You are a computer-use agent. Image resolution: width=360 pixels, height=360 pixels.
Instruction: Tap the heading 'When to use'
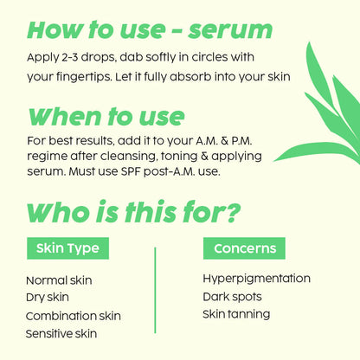point(106,115)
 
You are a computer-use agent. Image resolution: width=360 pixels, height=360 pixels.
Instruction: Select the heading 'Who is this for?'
point(132,210)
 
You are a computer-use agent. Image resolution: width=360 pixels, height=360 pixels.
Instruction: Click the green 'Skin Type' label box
point(68,248)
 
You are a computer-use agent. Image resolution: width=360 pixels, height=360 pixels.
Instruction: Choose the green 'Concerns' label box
point(245,248)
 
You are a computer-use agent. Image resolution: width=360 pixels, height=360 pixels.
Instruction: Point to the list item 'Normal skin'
point(59,280)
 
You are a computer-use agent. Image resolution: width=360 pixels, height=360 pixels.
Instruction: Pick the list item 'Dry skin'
point(48,298)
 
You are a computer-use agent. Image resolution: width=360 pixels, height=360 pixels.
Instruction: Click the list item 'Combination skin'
point(74,316)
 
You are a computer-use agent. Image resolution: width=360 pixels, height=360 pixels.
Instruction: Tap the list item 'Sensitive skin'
point(61,333)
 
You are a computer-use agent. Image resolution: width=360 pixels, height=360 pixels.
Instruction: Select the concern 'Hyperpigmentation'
point(256,279)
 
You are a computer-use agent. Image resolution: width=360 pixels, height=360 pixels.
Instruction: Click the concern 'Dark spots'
point(232,296)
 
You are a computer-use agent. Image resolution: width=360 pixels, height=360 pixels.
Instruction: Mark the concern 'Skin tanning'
point(237,313)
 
